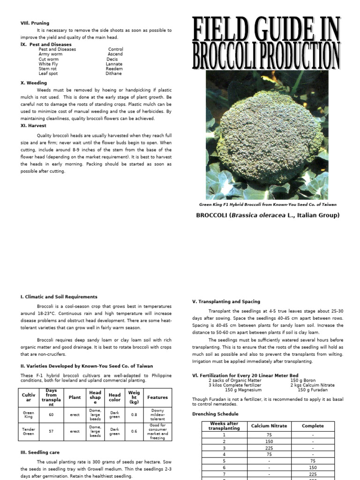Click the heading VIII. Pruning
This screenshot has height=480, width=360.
pos(35,23)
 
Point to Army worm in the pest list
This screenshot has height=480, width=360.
pos(50,54)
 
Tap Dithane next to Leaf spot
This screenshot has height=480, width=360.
pos(114,74)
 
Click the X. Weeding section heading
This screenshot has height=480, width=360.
pos(34,83)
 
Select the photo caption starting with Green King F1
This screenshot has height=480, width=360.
pos(268,204)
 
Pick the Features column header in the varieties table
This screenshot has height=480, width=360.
pos(157,397)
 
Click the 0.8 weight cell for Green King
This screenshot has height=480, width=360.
pos(135,414)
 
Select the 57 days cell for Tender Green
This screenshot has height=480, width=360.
pos(52,431)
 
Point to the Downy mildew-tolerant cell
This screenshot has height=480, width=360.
pos(157,414)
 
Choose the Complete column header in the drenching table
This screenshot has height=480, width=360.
pos(313,426)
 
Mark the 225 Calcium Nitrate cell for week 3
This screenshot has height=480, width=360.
pos(270,448)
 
